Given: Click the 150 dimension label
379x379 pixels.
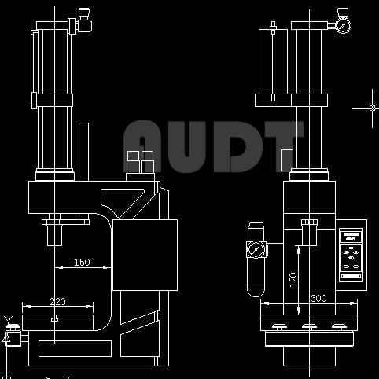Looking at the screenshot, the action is coord(82,262).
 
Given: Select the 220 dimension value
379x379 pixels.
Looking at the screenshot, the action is coord(57,302).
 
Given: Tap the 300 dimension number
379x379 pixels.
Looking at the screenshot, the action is coord(318,298).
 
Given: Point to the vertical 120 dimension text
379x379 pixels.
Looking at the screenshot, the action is coord(293,280).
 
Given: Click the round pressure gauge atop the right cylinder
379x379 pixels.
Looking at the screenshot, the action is coord(343,25).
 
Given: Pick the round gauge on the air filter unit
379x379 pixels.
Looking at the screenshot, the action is coord(255,249).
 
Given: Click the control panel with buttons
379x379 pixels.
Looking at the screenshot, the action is coord(351,255).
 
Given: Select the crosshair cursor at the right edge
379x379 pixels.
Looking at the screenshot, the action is coord(372,108).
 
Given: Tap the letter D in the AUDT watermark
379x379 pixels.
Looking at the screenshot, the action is coord(238,147).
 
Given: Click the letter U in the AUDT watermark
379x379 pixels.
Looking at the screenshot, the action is coord(186,147).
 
